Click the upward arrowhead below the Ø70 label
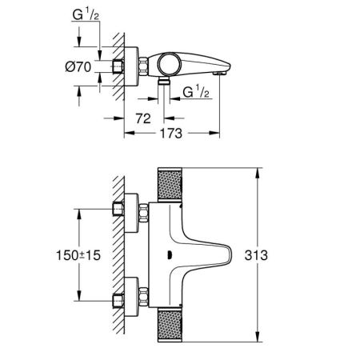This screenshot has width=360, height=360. pos(79,87)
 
